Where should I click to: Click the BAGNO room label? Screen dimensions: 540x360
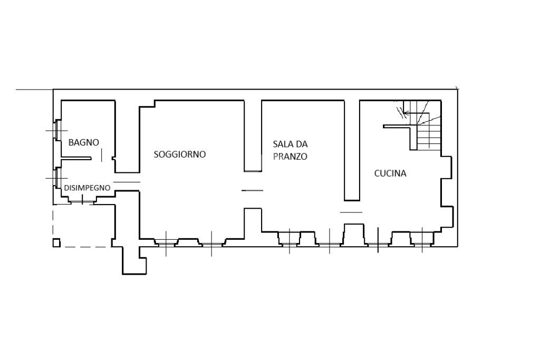(84, 142)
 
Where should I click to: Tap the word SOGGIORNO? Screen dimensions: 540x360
(180, 154)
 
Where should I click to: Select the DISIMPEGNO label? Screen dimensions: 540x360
(87, 188)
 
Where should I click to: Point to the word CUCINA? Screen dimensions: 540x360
(390, 173)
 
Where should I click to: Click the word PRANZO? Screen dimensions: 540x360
(290, 157)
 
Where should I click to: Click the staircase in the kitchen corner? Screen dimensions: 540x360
(423, 125)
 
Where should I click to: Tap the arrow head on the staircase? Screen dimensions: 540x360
(406, 113)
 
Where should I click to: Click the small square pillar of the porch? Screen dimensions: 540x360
(56, 242)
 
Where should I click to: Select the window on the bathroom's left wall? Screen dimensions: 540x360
(57, 130)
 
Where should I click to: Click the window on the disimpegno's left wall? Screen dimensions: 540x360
(57, 178)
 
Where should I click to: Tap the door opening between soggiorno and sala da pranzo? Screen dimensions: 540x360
(253, 190)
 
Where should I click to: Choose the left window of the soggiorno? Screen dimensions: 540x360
(166, 243)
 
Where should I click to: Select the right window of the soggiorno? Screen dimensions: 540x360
(211, 243)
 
